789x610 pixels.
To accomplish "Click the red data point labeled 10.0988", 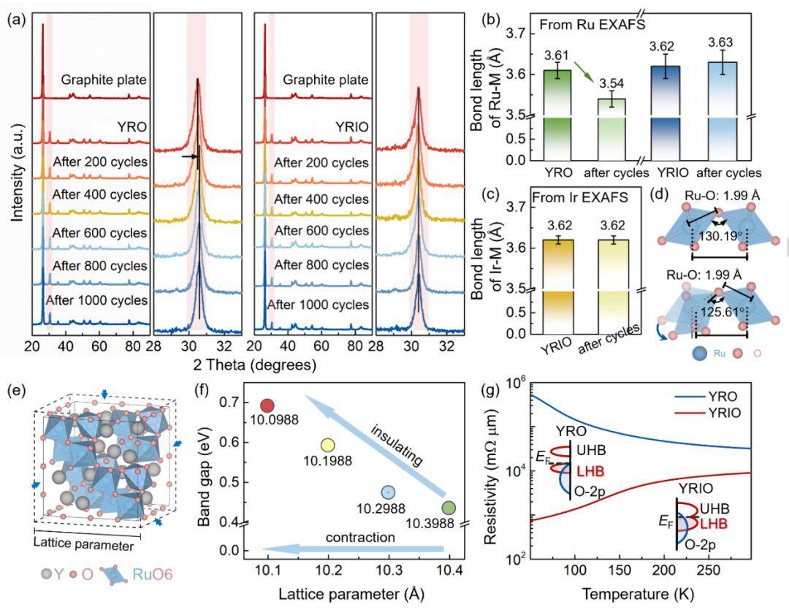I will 267,405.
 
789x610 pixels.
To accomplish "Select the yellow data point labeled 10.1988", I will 327,445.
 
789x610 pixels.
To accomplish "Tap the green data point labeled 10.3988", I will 449,508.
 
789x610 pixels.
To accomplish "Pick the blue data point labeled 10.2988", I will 388,492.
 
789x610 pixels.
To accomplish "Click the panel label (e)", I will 15,389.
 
